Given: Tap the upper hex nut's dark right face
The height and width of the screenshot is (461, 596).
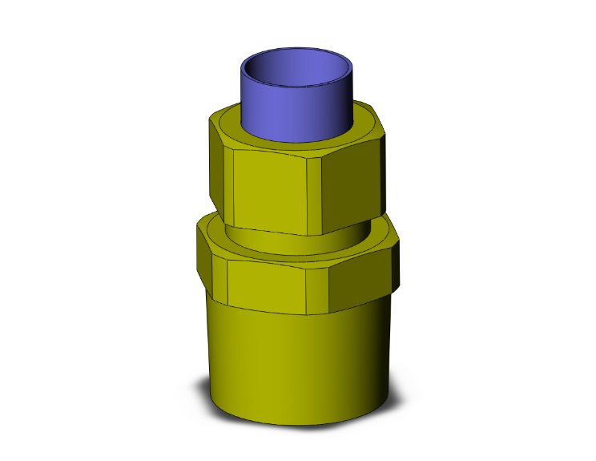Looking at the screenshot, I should point(352,180).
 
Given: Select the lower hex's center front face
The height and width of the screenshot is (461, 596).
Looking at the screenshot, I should point(268,285).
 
